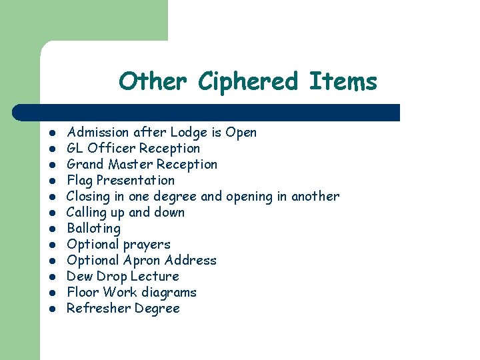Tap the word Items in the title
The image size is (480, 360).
coord(343,82)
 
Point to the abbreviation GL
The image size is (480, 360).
coord(75,148)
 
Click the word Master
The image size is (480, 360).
coord(129,164)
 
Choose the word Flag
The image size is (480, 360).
coord(80,180)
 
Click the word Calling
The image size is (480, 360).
coord(87,212)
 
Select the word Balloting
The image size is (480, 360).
coord(94,228)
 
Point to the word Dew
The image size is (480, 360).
coord(79,276)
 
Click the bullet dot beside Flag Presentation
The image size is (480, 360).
coord(51,181)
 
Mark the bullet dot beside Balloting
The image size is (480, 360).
coord(51,229)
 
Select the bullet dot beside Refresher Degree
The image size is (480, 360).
coord(51,309)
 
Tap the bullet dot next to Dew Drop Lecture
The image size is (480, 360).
coord(51,277)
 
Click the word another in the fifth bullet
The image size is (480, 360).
coord(313,196)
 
